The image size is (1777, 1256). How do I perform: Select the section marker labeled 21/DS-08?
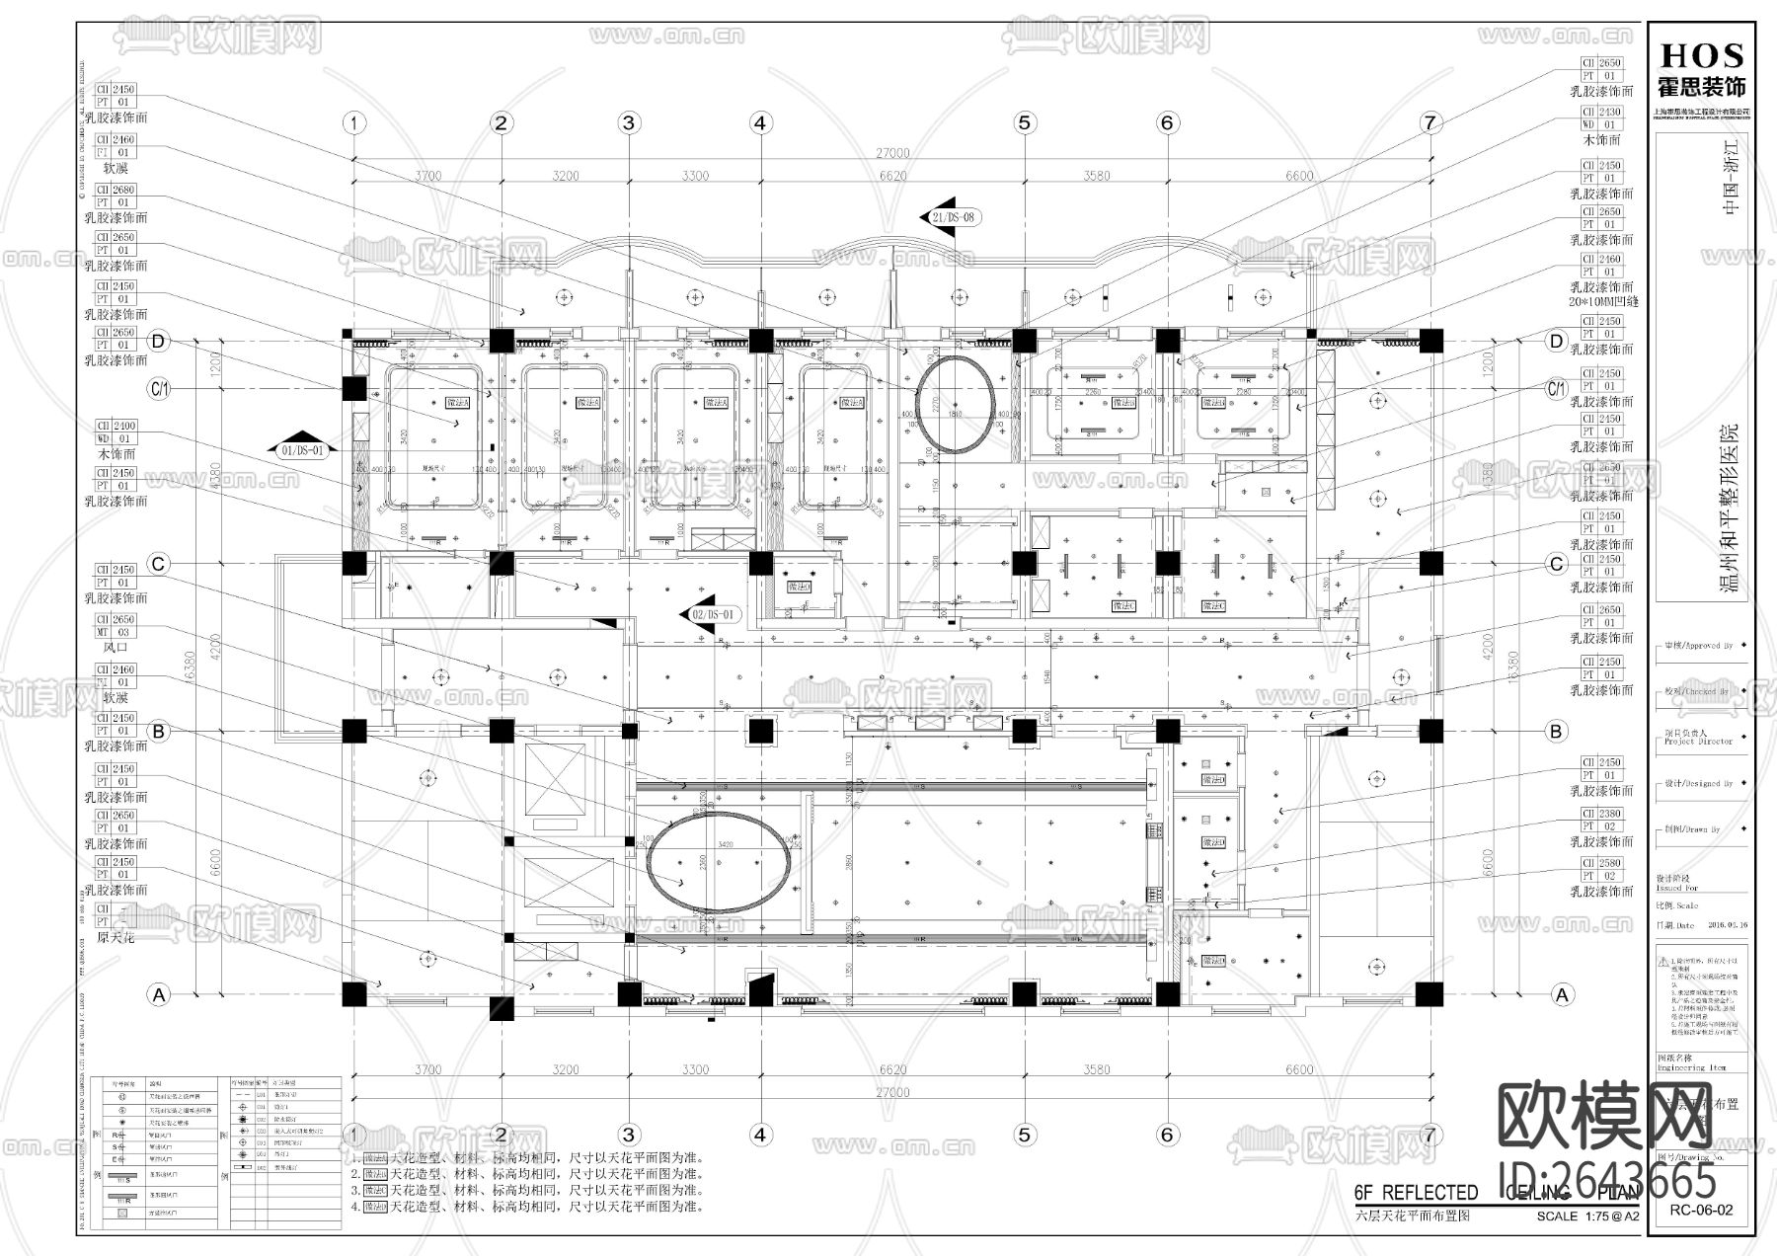(953, 217)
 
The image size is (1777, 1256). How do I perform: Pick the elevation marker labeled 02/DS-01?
(712, 614)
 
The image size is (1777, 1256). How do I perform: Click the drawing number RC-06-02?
(1702, 1210)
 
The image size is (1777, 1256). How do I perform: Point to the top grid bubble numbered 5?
(1024, 122)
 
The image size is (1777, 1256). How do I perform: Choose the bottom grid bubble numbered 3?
(629, 1135)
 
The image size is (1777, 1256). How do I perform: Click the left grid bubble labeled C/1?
(159, 390)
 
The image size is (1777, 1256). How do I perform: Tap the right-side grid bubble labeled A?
(1561, 994)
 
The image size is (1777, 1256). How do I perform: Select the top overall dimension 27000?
(890, 154)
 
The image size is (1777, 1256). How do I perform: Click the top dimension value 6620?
(891, 177)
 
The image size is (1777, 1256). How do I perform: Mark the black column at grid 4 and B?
(759, 732)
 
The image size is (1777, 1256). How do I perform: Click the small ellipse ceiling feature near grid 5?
(954, 405)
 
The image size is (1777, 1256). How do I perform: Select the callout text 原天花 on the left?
(116, 937)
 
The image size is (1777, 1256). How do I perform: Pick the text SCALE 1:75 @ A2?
(1587, 1217)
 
